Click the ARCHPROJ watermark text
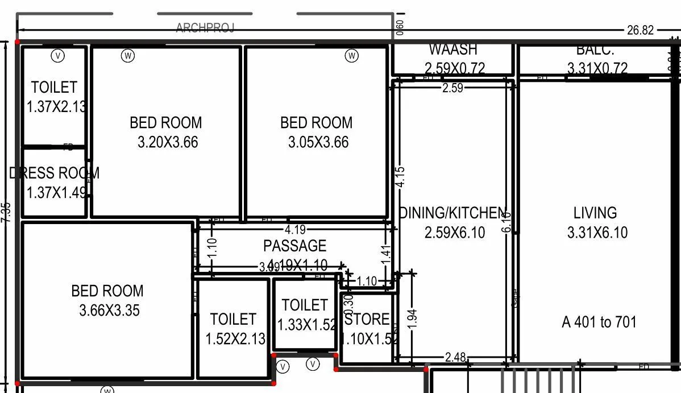click(205, 28)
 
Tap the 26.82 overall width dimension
click(640, 31)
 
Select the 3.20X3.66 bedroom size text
click(168, 142)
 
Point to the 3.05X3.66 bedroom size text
click(318, 142)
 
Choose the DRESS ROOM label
click(55, 173)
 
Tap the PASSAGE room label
click(294, 246)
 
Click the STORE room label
click(368, 319)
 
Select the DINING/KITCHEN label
click(452, 213)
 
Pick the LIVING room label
click(595, 213)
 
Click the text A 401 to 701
click(599, 322)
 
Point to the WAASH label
click(453, 50)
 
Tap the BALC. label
click(595, 50)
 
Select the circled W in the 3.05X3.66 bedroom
click(352, 55)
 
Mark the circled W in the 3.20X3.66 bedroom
click(128, 55)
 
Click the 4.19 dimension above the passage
click(295, 230)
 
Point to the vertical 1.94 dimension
click(413, 318)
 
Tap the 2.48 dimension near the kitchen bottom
click(455, 357)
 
